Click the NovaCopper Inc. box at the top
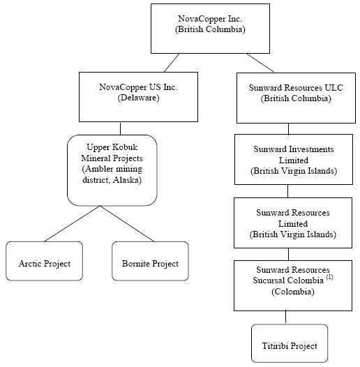[210, 29]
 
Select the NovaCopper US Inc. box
[138, 97]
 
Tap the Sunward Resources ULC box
[296, 98]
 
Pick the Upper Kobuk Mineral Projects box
[112, 170]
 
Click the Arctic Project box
[44, 261]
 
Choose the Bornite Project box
[150, 261]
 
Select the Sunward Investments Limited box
[294, 159]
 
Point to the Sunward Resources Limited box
[293, 223]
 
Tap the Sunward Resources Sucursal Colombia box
[293, 286]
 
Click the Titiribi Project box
[290, 343]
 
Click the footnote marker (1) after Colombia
[329, 277]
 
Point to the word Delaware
[138, 98]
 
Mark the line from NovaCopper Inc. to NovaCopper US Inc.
[172, 63]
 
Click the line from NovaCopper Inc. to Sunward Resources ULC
[260, 63]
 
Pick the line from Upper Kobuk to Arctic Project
[72, 224]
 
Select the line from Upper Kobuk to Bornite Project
[128, 224]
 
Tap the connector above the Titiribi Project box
[285, 317]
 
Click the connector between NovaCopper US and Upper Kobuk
[120, 128]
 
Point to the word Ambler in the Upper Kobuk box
[98, 169]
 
